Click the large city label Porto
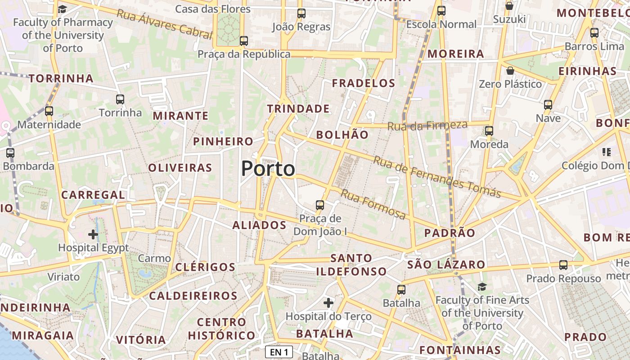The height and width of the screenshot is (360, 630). [268, 169]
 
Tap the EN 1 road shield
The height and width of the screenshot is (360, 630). [279, 352]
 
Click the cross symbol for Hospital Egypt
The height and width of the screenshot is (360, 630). [93, 234]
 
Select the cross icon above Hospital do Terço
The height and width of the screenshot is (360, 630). [328, 303]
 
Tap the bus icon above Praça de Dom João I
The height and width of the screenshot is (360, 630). [320, 205]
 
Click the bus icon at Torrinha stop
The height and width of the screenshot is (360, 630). [120, 99]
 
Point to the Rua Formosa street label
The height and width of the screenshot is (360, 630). [373, 204]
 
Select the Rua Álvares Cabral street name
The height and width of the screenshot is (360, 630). [164, 23]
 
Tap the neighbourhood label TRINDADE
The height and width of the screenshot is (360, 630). [298, 109]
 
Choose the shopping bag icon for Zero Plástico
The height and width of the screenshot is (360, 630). [510, 71]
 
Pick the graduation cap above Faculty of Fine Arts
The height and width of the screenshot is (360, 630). [482, 287]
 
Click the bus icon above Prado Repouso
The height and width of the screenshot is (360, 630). [563, 265]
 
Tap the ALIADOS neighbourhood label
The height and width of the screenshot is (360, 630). [259, 225]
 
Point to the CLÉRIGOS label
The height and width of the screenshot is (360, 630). [205, 267]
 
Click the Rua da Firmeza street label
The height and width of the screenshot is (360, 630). [427, 126]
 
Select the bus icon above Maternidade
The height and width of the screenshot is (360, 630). [49, 111]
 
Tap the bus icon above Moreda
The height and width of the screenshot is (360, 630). [489, 131]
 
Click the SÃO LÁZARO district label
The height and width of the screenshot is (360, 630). [446, 265]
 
